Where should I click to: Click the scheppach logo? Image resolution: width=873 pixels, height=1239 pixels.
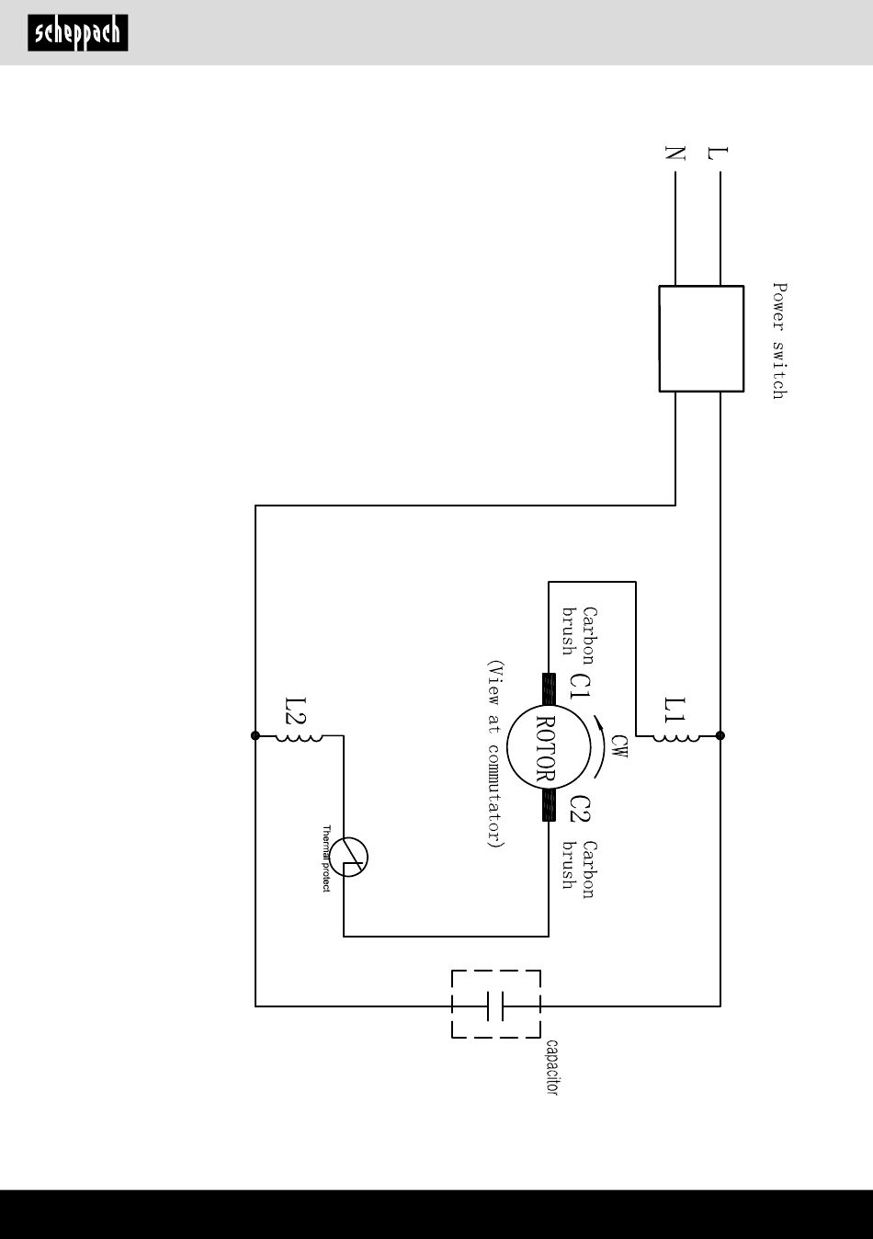click(x=78, y=33)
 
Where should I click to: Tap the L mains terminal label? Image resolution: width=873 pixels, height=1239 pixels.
click(x=718, y=153)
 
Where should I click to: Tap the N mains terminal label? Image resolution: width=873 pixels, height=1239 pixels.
click(x=675, y=153)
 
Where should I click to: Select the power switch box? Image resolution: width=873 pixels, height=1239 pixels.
click(x=701, y=338)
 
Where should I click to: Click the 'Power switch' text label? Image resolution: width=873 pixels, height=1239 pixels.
click(x=779, y=341)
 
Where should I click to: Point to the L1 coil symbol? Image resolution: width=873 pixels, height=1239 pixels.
click(x=676, y=737)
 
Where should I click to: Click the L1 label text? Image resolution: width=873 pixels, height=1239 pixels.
click(x=675, y=710)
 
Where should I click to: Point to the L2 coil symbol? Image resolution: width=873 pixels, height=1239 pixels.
click(x=299, y=737)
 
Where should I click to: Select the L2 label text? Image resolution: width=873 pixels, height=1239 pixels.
click(x=295, y=710)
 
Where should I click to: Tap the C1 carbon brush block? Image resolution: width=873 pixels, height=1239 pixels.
click(x=549, y=688)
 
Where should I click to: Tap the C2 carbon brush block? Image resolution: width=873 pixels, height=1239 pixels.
click(x=549, y=805)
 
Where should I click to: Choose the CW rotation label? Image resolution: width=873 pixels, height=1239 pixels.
click(x=619, y=746)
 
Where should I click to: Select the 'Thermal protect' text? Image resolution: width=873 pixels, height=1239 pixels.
click(x=326, y=858)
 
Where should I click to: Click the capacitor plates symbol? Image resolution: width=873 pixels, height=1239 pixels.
click(x=495, y=1006)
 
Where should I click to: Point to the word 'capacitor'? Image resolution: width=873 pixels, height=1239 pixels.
click(x=551, y=1067)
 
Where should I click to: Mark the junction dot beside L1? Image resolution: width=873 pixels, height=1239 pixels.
click(x=720, y=735)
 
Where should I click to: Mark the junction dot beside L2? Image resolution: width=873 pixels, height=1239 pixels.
click(x=255, y=735)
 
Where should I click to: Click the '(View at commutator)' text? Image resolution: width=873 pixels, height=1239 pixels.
click(x=495, y=754)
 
